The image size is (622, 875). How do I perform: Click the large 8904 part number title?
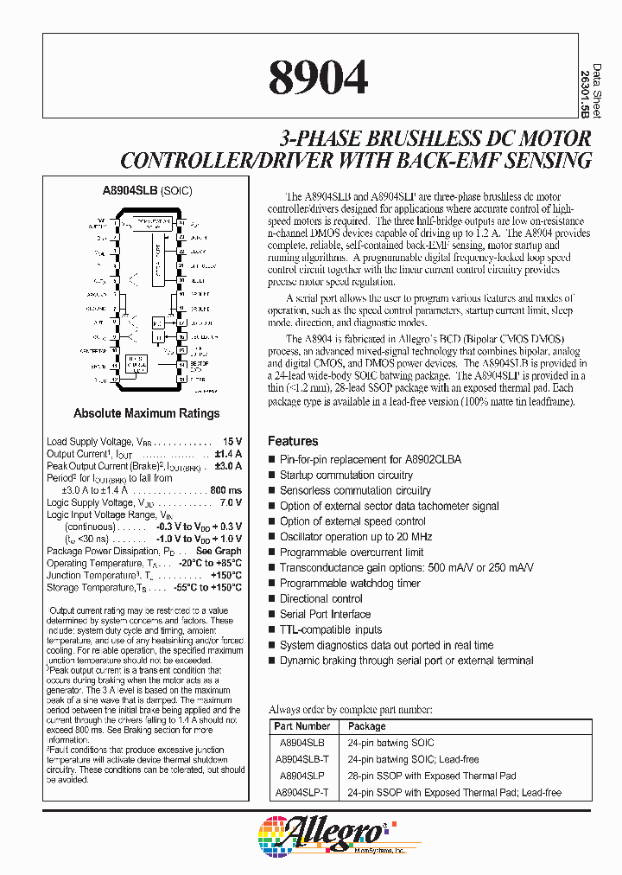click(x=318, y=78)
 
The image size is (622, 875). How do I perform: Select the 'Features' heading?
click(x=293, y=441)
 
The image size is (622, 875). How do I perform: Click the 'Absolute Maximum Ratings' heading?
click(x=146, y=413)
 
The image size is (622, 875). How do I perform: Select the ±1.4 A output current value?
click(x=228, y=454)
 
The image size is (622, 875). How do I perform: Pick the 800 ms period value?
click(x=226, y=490)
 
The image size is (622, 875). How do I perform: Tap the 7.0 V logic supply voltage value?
click(x=229, y=502)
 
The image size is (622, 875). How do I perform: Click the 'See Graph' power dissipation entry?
click(x=219, y=551)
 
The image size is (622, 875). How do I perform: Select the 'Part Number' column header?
click(x=301, y=727)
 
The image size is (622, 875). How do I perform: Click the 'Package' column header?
click(x=367, y=727)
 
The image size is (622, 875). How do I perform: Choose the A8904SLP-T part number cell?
click(x=301, y=792)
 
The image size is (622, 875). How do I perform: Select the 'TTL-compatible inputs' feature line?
click(x=331, y=629)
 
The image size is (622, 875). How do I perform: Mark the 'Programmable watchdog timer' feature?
click(x=349, y=583)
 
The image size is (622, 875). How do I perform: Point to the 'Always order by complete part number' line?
click(x=350, y=709)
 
